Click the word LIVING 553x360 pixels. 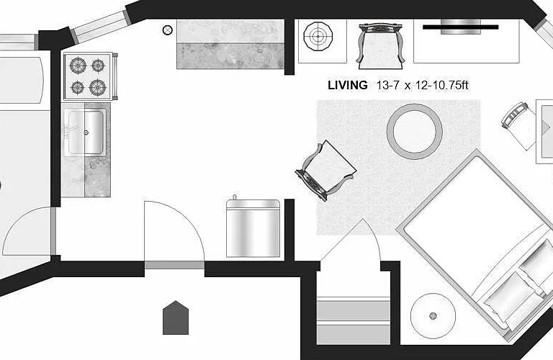pos(347,85)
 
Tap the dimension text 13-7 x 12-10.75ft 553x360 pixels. pos(423,85)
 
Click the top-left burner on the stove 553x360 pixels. pos(78,66)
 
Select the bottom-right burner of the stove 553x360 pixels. pos(98,87)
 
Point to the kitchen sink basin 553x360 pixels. pos(86,132)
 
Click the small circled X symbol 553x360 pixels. pos(168,30)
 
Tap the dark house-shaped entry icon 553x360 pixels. pos(176,318)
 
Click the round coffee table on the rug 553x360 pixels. pos(415,132)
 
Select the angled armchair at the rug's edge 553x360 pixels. pos(325,171)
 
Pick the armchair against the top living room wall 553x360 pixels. pos(380,46)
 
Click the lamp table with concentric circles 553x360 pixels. pos(318,36)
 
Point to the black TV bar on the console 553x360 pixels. pos(461,27)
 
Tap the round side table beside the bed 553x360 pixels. pos(433,315)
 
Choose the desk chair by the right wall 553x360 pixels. pos(518,126)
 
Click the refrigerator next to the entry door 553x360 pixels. pos(253,228)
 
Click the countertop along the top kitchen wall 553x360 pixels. pos(230,44)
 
